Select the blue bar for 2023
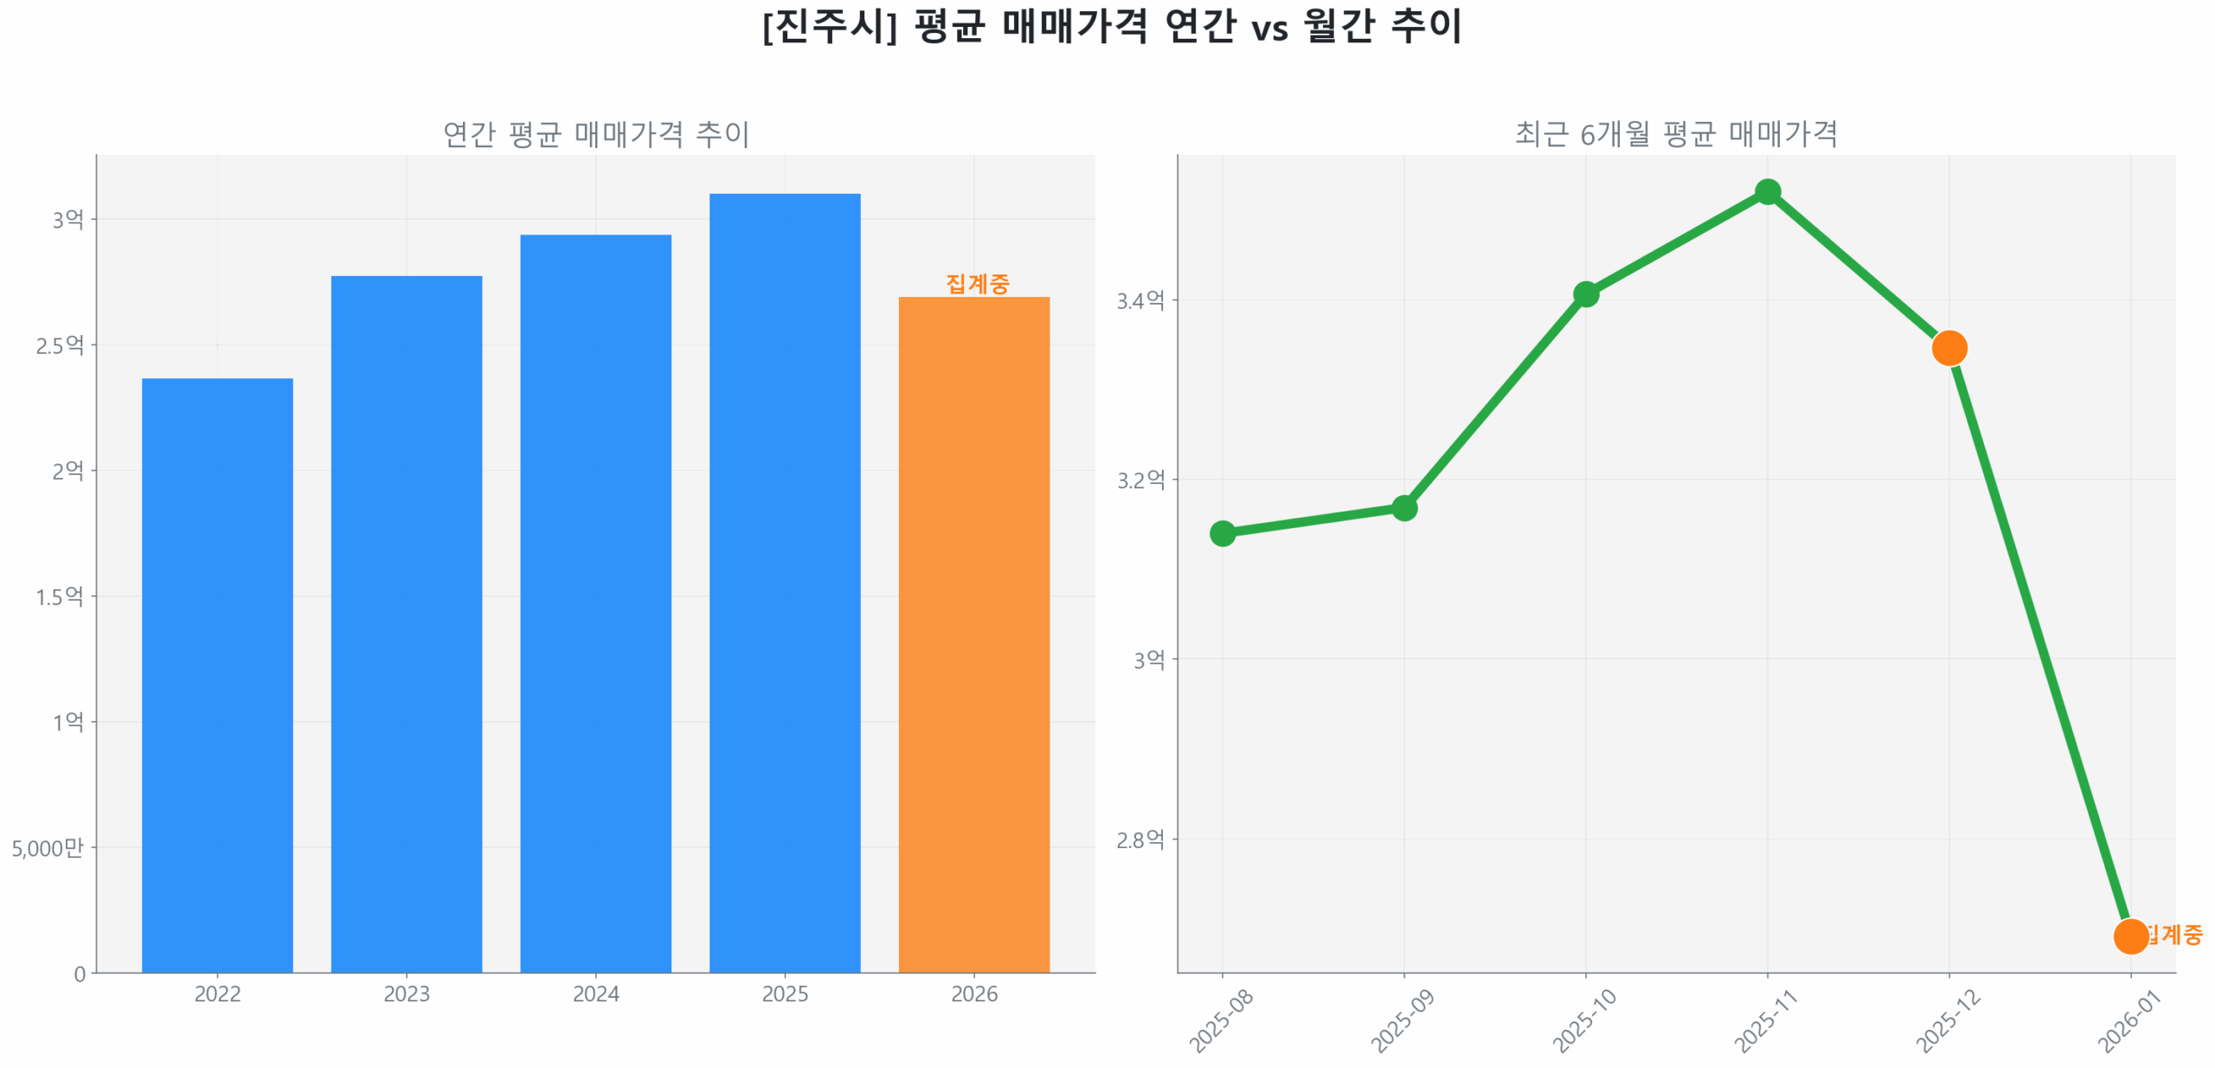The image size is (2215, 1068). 406,623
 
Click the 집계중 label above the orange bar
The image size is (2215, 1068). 977,283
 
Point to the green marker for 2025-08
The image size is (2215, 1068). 1222,532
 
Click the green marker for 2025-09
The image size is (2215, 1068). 1403,507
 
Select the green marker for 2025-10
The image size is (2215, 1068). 1585,294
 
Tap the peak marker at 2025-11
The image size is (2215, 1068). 1767,191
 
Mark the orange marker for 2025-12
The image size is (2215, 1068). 1949,348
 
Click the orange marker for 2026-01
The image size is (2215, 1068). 2129,935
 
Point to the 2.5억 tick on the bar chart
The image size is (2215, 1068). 60,345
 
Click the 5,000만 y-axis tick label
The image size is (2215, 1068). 48,847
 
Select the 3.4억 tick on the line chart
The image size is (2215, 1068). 1140,300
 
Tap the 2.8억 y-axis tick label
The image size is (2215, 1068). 1140,839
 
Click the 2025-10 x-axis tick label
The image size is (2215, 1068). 1583,1020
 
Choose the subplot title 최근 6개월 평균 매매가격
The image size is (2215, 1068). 1675,133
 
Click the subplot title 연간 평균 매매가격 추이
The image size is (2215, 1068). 595,133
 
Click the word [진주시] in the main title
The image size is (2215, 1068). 829,26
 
